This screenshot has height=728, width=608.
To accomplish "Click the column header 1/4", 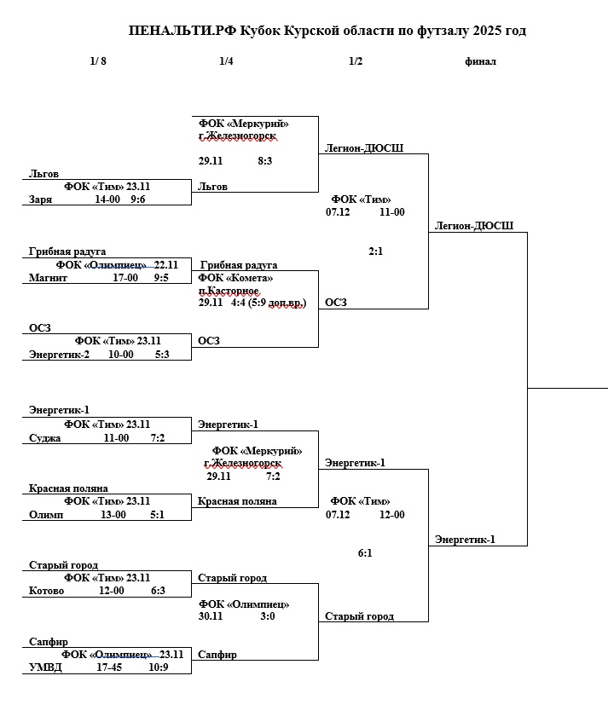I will (x=226, y=61).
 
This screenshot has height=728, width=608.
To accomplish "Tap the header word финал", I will (x=481, y=61).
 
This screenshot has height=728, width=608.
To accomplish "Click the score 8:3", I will (x=264, y=159).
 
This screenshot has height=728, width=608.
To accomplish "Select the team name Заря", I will (x=40, y=199).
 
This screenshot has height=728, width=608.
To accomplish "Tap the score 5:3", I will (x=161, y=355).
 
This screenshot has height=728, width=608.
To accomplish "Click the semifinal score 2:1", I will (x=376, y=251).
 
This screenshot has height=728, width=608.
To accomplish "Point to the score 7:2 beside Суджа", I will (x=158, y=438).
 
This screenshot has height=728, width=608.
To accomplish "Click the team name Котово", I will (x=46, y=592).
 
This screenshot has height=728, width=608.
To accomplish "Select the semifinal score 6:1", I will (x=365, y=553).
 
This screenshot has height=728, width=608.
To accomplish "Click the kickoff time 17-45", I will (x=109, y=668).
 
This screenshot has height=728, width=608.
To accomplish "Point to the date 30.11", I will (x=211, y=616).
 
